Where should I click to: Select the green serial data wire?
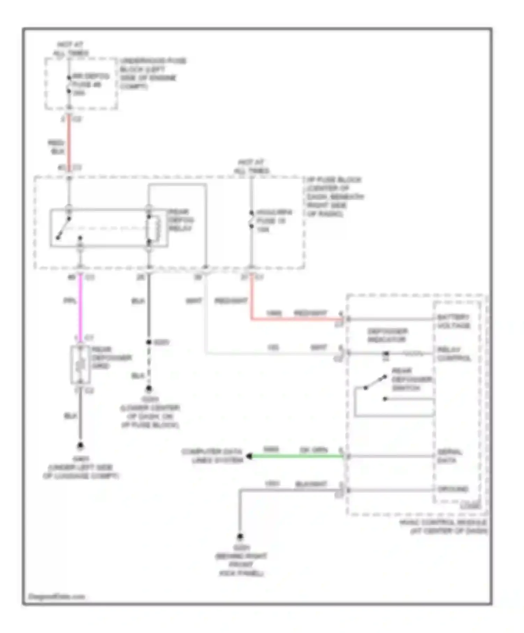click(297, 456)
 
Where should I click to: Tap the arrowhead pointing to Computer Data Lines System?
click(249, 456)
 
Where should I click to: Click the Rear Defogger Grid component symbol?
click(80, 365)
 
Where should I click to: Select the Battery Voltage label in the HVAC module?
click(453, 321)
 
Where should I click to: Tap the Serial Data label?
click(449, 456)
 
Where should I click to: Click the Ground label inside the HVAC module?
click(453, 489)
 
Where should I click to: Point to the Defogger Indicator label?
click(387, 335)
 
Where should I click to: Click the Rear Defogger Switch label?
click(411, 379)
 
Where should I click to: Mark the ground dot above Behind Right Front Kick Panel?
click(240, 536)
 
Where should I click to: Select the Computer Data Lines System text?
click(212, 456)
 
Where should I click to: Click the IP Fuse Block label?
click(334, 196)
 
